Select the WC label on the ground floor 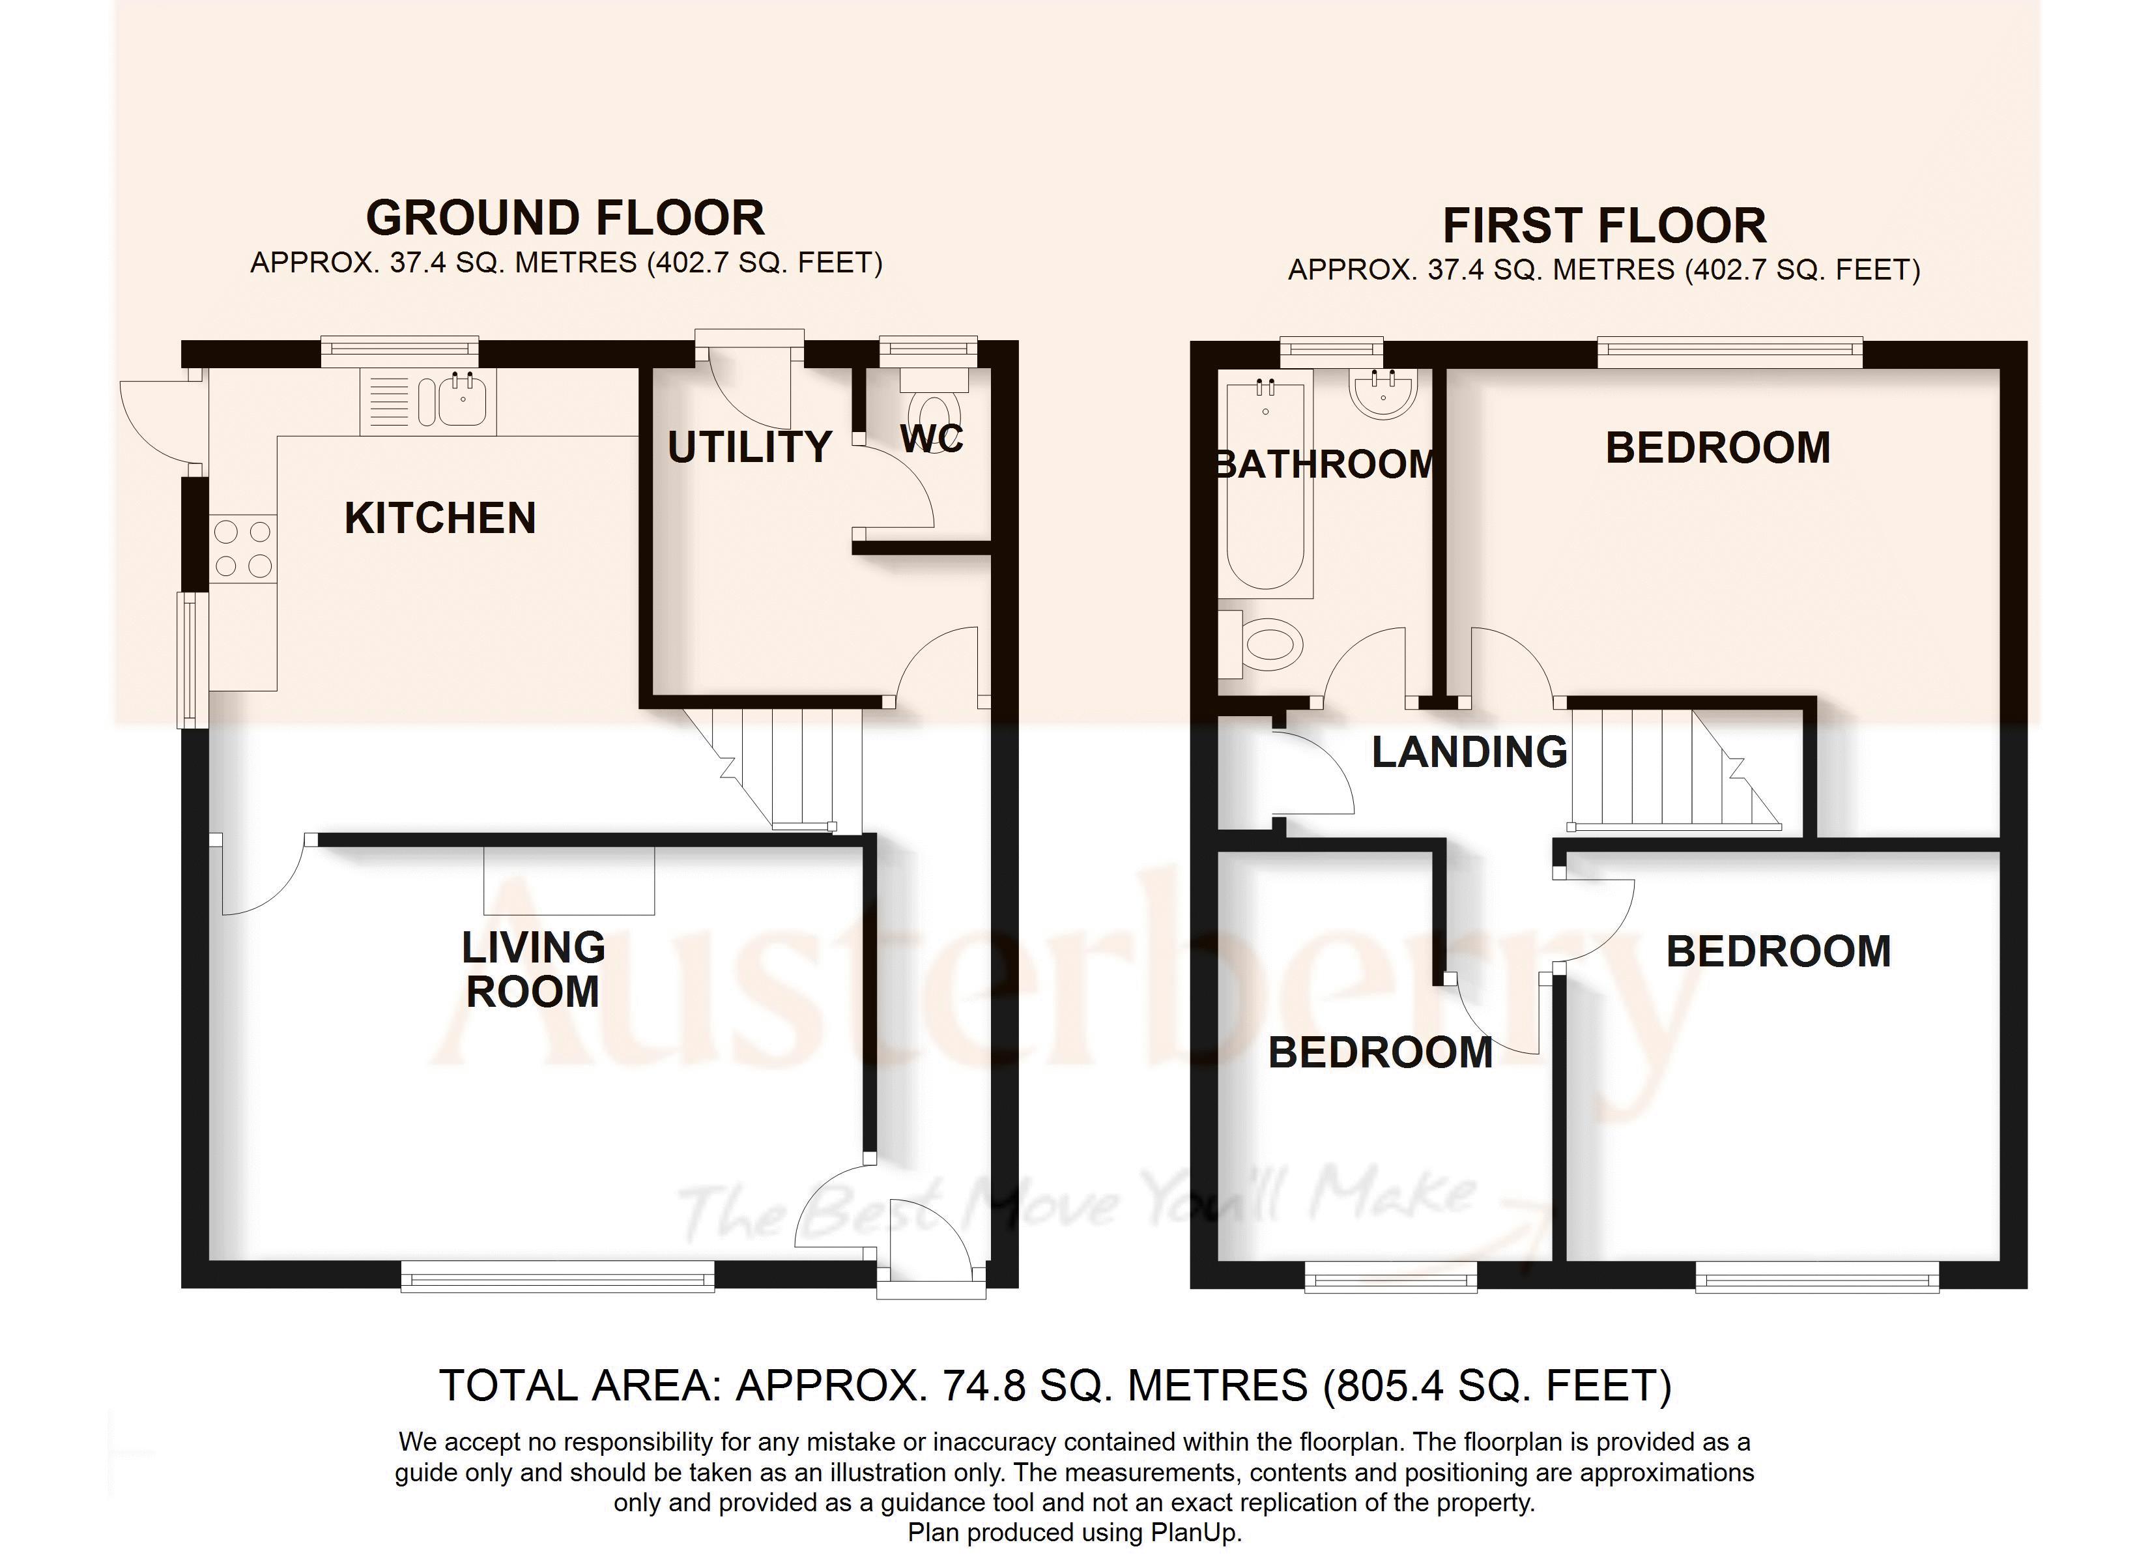coord(931,438)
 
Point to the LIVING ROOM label coord(533,969)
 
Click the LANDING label coord(1469,752)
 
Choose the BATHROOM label coord(1325,465)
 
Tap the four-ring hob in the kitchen coord(242,549)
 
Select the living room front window coord(558,1276)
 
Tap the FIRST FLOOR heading coord(1604,225)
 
